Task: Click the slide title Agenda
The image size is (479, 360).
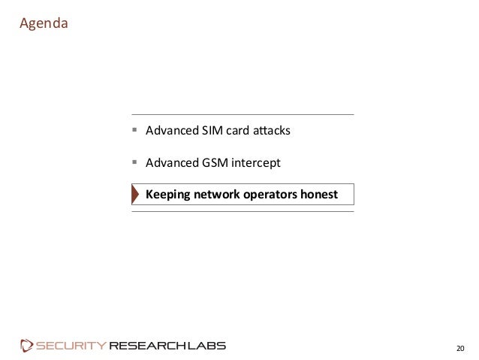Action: (44, 23)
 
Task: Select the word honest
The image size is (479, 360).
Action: (319, 195)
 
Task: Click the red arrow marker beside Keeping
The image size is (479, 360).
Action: (136, 195)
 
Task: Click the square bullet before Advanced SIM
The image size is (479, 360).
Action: (135, 132)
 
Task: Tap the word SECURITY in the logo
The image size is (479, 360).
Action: (71, 346)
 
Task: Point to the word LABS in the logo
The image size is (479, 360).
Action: (206, 346)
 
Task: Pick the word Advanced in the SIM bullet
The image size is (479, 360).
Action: (168, 132)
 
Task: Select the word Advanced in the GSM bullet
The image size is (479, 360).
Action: (168, 163)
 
